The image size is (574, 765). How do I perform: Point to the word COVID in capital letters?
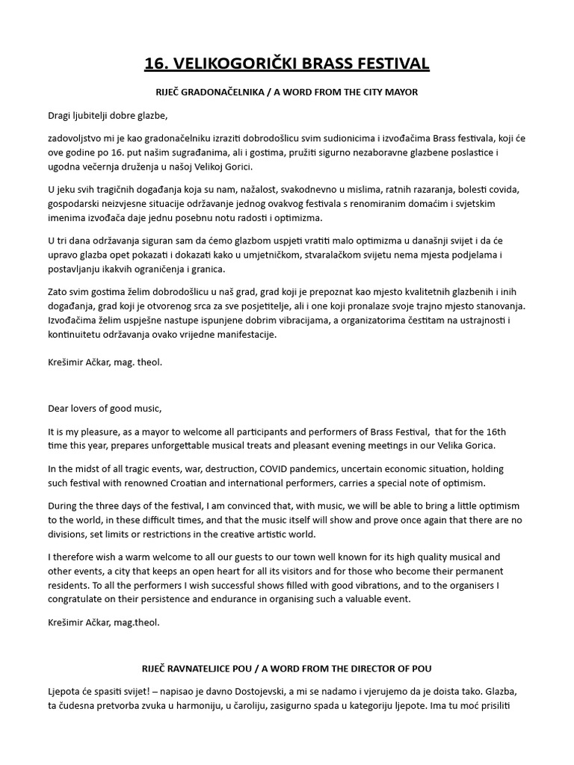pyautogui.click(x=259, y=468)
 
